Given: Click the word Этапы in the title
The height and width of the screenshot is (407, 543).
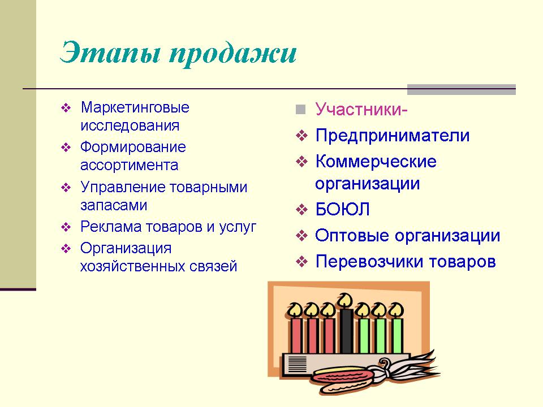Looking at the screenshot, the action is click(x=110, y=53).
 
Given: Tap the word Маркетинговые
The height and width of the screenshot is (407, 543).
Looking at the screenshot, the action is click(x=135, y=107).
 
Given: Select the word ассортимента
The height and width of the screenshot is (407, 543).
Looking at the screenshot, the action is click(x=129, y=165).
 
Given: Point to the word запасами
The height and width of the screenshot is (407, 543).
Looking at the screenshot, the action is click(x=114, y=205).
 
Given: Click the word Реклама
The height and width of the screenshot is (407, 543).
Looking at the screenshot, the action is click(x=111, y=227).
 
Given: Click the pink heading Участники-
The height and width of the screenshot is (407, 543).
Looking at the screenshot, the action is click(x=361, y=109).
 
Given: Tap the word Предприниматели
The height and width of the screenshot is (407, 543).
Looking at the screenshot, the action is click(x=393, y=135).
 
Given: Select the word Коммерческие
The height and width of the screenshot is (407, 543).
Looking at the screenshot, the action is click(x=376, y=162).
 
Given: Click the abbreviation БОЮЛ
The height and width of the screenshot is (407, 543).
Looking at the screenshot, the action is click(x=342, y=209).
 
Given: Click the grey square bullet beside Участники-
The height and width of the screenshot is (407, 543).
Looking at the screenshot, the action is click(x=300, y=109).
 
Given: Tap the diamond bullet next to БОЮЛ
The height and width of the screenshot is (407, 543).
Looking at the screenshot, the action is click(x=301, y=209).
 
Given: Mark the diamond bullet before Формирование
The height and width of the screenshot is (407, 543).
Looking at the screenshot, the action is click(x=66, y=148).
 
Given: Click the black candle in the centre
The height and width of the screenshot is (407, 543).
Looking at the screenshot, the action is click(x=346, y=331).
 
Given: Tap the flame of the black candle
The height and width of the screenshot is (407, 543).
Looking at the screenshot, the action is click(x=345, y=300).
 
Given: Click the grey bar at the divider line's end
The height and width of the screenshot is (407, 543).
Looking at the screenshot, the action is click(x=462, y=89).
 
